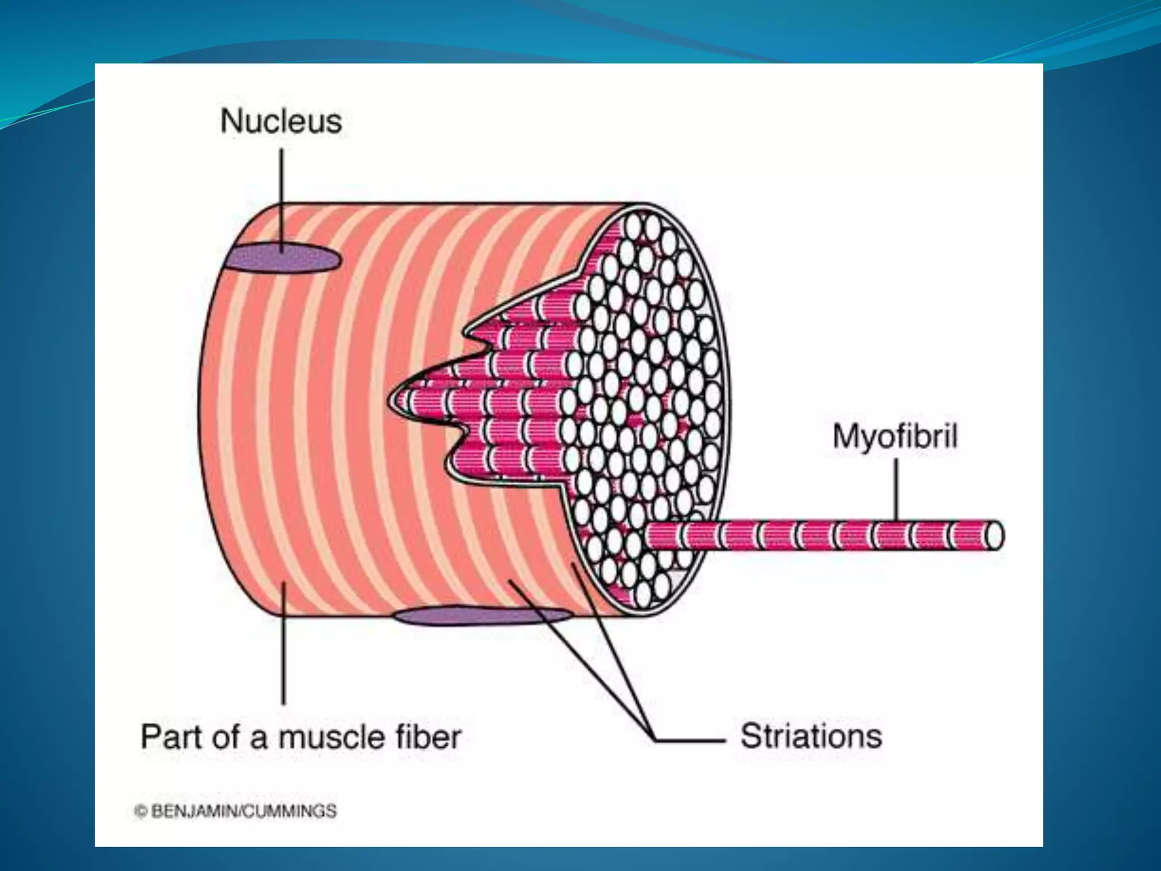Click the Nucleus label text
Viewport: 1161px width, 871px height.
(281, 121)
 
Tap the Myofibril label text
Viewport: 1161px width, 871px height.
(895, 437)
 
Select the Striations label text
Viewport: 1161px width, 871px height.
(811, 736)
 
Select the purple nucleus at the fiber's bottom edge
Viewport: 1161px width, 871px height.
(482, 616)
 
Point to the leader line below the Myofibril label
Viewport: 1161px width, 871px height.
(896, 488)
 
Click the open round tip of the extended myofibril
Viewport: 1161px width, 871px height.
(994, 536)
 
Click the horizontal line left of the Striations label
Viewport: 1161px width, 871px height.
(689, 739)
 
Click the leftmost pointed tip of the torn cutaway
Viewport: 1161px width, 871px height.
(390, 401)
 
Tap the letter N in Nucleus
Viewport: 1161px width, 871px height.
(231, 121)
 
